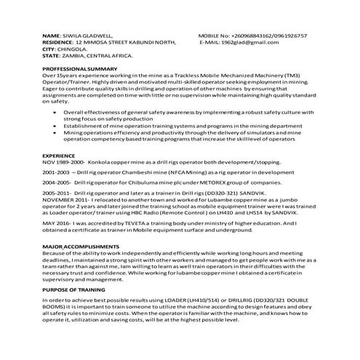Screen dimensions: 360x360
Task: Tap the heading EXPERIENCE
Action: click(59, 156)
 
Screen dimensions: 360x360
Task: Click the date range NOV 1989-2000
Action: click(64, 163)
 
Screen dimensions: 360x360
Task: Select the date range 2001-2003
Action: click(57, 173)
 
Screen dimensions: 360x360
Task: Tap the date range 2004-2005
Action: click(57, 184)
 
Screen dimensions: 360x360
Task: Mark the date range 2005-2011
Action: click(57, 194)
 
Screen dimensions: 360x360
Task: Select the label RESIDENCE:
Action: click(61, 42)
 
